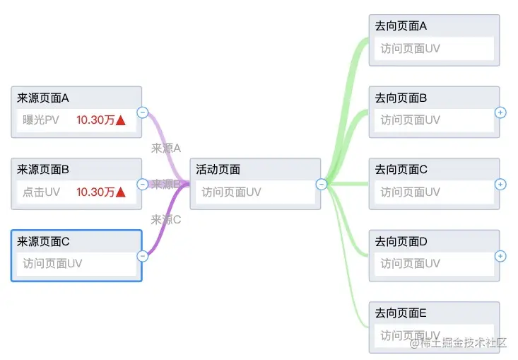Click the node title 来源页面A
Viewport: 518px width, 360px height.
tap(42, 98)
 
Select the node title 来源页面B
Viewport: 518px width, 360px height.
tap(42, 170)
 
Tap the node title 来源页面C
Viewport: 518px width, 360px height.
tap(43, 242)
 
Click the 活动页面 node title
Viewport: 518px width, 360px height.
tap(218, 170)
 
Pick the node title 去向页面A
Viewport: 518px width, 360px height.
tap(401, 26)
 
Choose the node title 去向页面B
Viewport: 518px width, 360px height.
tap(401, 98)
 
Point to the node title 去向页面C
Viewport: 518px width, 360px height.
tap(401, 170)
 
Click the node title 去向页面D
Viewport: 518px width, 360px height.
tap(401, 242)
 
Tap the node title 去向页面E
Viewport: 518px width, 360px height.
tap(401, 313)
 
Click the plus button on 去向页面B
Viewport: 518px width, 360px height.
tap(500, 112)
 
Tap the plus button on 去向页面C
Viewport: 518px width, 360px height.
tap(500, 184)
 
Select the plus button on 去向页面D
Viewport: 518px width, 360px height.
tap(500, 256)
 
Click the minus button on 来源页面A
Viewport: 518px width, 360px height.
tap(142, 112)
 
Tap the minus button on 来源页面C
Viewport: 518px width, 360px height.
tap(142, 256)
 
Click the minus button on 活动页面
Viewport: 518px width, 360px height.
tap(321, 184)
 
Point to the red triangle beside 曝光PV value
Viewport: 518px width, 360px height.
tap(121, 120)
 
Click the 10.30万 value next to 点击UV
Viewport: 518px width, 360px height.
tap(95, 192)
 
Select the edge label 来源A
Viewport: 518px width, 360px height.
tap(166, 149)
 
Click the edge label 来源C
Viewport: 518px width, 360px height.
tap(166, 220)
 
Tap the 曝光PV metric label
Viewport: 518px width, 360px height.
tap(41, 120)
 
